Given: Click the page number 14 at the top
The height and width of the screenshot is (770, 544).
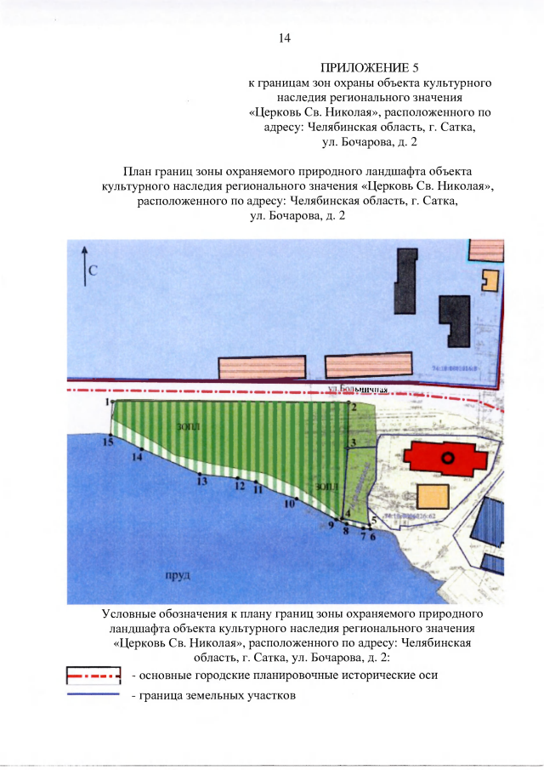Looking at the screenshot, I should tap(285, 38).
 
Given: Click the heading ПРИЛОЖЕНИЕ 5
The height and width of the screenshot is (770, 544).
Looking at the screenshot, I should tap(370, 67).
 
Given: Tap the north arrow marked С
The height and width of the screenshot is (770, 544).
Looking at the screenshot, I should tap(84, 267).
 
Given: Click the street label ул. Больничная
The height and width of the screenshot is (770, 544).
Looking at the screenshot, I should tap(358, 390).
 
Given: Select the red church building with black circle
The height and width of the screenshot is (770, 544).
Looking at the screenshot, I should tap(445, 458).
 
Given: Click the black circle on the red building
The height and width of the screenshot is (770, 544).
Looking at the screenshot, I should tap(449, 458).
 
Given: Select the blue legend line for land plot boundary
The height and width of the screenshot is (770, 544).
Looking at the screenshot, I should tap(93, 694).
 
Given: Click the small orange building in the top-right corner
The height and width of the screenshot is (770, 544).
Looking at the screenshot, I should tap(490, 281).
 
